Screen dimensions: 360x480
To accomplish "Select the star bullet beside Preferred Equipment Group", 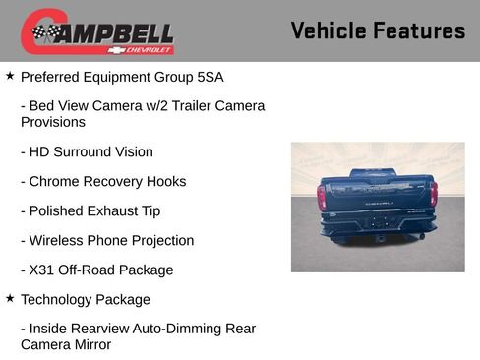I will (x=10, y=75).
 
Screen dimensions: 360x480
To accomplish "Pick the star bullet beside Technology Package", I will (x=10, y=298).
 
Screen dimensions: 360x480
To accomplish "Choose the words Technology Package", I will (x=85, y=300).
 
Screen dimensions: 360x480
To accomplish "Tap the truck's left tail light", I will (x=322, y=198).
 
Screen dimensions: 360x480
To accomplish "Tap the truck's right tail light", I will (x=433, y=194).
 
